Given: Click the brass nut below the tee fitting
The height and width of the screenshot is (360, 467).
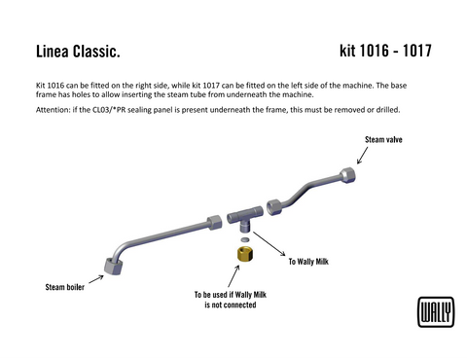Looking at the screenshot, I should click(x=244, y=255).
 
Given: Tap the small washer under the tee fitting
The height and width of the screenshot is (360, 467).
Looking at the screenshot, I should click(x=244, y=237).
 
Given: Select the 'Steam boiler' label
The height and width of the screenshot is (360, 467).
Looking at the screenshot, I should click(x=64, y=287).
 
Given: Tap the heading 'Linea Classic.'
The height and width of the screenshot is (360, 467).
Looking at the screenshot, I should click(x=77, y=50).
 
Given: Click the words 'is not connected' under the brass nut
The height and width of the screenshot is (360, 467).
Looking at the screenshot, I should click(x=230, y=305).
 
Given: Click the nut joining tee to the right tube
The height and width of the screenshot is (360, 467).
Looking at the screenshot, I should click(x=274, y=206).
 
